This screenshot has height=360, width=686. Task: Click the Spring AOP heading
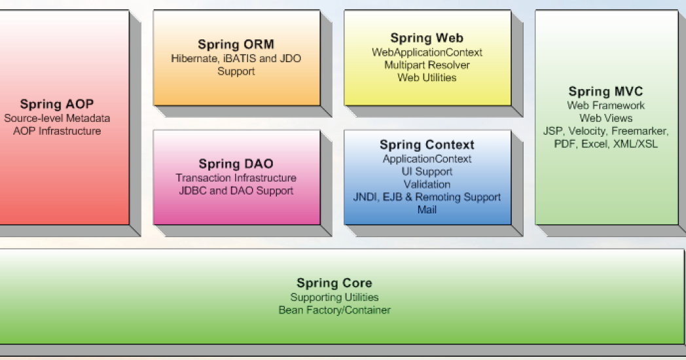[x=57, y=104]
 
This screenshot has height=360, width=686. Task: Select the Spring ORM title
[x=236, y=45]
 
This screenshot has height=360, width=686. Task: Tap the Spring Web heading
[x=427, y=38]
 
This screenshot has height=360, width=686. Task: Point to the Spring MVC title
[x=605, y=92]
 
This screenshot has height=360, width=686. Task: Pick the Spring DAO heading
[x=236, y=164]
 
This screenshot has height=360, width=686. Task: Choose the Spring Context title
[x=427, y=145]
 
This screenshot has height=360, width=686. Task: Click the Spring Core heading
[x=334, y=283]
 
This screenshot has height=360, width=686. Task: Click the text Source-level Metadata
[x=57, y=118]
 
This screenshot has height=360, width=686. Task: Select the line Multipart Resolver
[x=427, y=65]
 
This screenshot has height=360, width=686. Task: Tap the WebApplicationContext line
[x=427, y=52]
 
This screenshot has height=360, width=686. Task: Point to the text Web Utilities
[x=427, y=77]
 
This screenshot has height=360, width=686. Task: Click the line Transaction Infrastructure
[x=236, y=178]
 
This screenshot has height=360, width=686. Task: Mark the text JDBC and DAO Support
[x=236, y=190]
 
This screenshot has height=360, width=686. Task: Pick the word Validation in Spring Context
[x=427, y=185]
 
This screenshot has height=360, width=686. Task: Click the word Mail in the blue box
[x=427, y=209]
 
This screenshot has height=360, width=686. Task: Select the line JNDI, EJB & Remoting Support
[x=427, y=197]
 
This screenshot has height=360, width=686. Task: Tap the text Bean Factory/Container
[x=334, y=310]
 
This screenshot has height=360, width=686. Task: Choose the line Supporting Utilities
[x=334, y=297]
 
